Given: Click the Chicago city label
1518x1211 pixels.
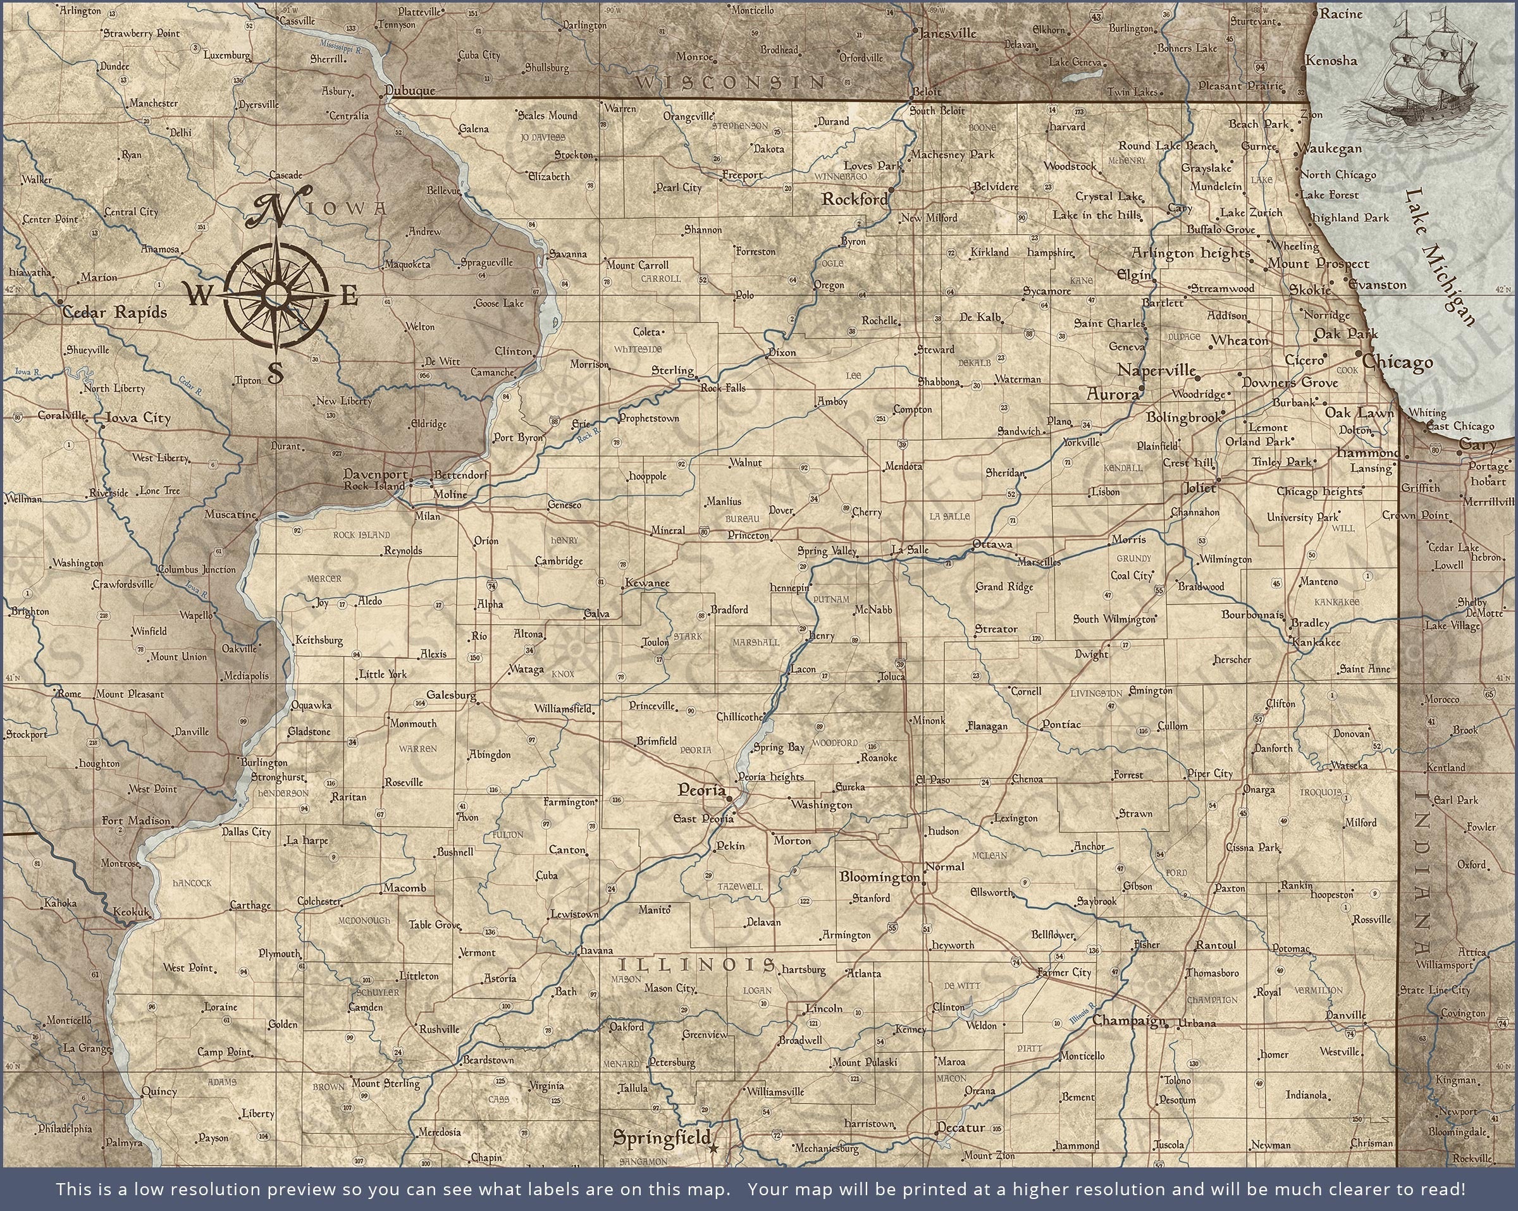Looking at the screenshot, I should (x=1398, y=362).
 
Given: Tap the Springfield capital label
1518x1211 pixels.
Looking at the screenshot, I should (x=660, y=1136).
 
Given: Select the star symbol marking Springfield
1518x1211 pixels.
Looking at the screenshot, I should (x=714, y=1148).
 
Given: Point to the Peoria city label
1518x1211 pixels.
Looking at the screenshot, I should (x=701, y=790).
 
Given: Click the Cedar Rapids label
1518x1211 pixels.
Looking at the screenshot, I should (x=114, y=312).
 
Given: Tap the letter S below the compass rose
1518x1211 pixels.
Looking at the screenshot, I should (x=275, y=372).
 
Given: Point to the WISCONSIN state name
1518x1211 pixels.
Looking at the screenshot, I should (x=730, y=82).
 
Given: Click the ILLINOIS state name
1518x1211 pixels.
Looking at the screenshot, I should (x=696, y=964).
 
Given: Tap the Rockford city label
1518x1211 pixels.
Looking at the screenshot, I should (x=855, y=200).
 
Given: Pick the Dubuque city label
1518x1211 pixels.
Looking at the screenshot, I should (x=411, y=91).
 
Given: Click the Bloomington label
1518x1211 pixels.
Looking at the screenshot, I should (x=879, y=877).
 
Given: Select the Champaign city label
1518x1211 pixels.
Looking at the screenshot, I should (x=1128, y=1020).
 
